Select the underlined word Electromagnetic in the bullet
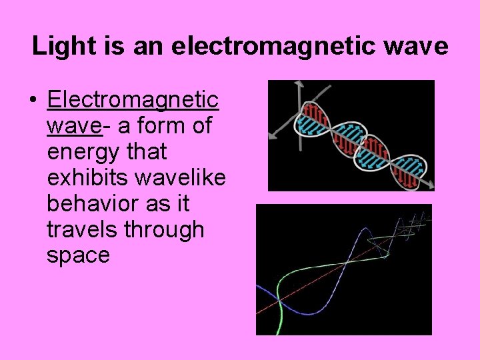(x=133, y=100)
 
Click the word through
(x=163, y=230)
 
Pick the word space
(x=78, y=255)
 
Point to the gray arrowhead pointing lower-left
(x=271, y=135)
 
